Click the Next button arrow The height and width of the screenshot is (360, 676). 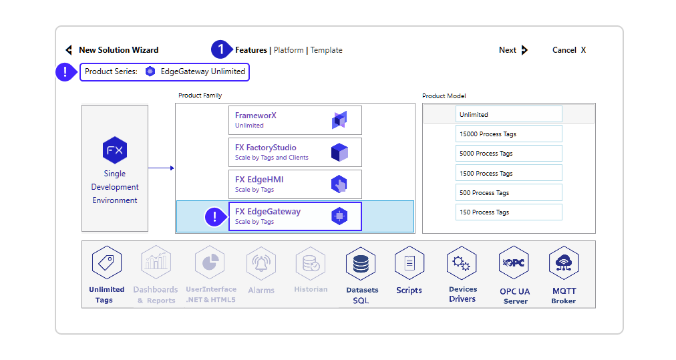[x=524, y=50]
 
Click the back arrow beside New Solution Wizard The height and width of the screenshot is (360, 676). [x=68, y=50]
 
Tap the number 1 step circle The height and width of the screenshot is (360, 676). [x=220, y=50]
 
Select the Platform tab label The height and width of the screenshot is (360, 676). [x=289, y=50]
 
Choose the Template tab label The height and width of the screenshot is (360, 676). [x=326, y=50]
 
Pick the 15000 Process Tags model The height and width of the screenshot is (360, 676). [x=508, y=134]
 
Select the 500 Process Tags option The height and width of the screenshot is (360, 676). [x=508, y=193]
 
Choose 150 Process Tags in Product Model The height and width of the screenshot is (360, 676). [x=508, y=212]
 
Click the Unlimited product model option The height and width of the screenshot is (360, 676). [x=508, y=115]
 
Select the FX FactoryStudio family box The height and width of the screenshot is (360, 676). [x=295, y=152]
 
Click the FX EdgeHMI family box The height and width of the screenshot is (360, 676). [x=295, y=184]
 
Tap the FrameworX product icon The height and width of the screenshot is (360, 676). [x=339, y=120]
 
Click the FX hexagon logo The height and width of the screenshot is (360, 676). [x=115, y=150]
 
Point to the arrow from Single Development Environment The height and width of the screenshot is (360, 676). [x=161, y=168]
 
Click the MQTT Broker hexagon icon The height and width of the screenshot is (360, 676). [x=564, y=263]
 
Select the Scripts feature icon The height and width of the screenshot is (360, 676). [x=409, y=263]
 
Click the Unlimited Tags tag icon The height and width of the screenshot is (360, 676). [x=107, y=263]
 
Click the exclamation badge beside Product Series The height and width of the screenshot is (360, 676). [x=65, y=72]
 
